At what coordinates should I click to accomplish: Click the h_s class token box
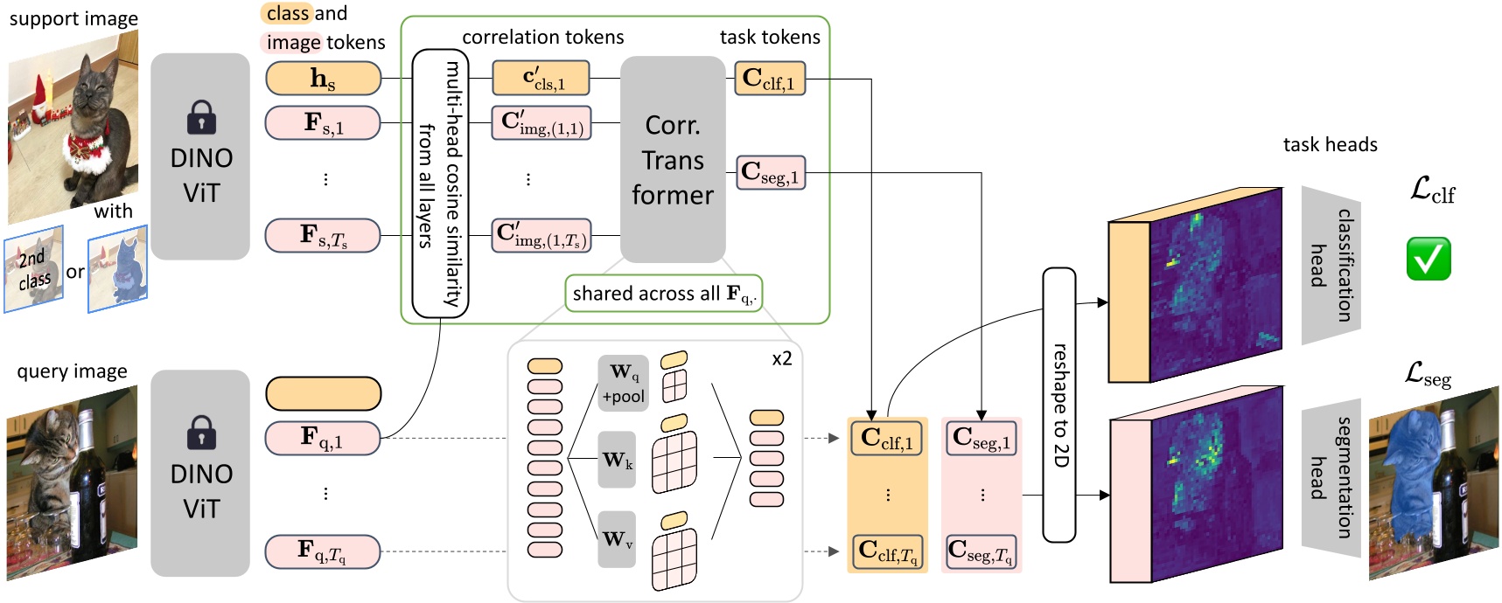point(323,79)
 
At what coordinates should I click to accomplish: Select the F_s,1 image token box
point(323,122)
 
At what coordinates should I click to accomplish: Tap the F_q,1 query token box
point(323,438)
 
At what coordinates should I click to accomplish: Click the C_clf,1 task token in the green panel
point(769,79)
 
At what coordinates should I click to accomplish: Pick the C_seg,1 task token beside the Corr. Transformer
point(770,173)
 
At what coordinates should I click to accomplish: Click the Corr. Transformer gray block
point(673,160)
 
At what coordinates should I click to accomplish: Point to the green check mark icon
point(1429,259)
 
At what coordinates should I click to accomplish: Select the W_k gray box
point(617,460)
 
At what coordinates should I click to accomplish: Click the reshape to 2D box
point(1059,405)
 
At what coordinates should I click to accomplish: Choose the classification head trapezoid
point(1331,265)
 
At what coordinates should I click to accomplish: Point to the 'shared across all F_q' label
point(664,294)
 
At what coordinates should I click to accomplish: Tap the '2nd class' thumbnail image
point(34,269)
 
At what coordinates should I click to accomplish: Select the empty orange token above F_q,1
point(323,393)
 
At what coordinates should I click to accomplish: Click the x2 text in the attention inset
point(781,358)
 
